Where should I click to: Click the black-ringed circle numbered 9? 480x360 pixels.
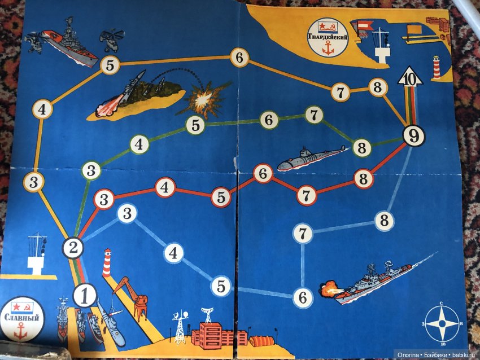tap(413, 136)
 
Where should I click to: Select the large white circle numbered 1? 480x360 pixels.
tap(85, 296)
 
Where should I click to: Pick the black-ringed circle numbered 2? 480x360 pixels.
tap(73, 248)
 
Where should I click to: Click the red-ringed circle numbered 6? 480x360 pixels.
tap(263, 173)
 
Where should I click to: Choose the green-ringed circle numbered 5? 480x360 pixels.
tap(195, 125)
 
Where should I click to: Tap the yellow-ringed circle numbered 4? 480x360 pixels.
tap(42, 109)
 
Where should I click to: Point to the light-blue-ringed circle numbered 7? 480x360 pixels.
tap(303, 234)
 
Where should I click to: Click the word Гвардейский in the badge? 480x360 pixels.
tap(328, 37)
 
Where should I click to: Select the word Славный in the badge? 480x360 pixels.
tap(21, 317)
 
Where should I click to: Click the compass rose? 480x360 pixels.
tap(442, 323)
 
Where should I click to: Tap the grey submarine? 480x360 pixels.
tap(312, 158)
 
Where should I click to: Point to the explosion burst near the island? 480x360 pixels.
tap(204, 98)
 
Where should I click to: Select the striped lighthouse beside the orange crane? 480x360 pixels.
tap(107, 263)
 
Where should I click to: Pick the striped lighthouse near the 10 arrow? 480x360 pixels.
tap(436, 68)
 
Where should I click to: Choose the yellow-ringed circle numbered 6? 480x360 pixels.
tap(239, 58)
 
